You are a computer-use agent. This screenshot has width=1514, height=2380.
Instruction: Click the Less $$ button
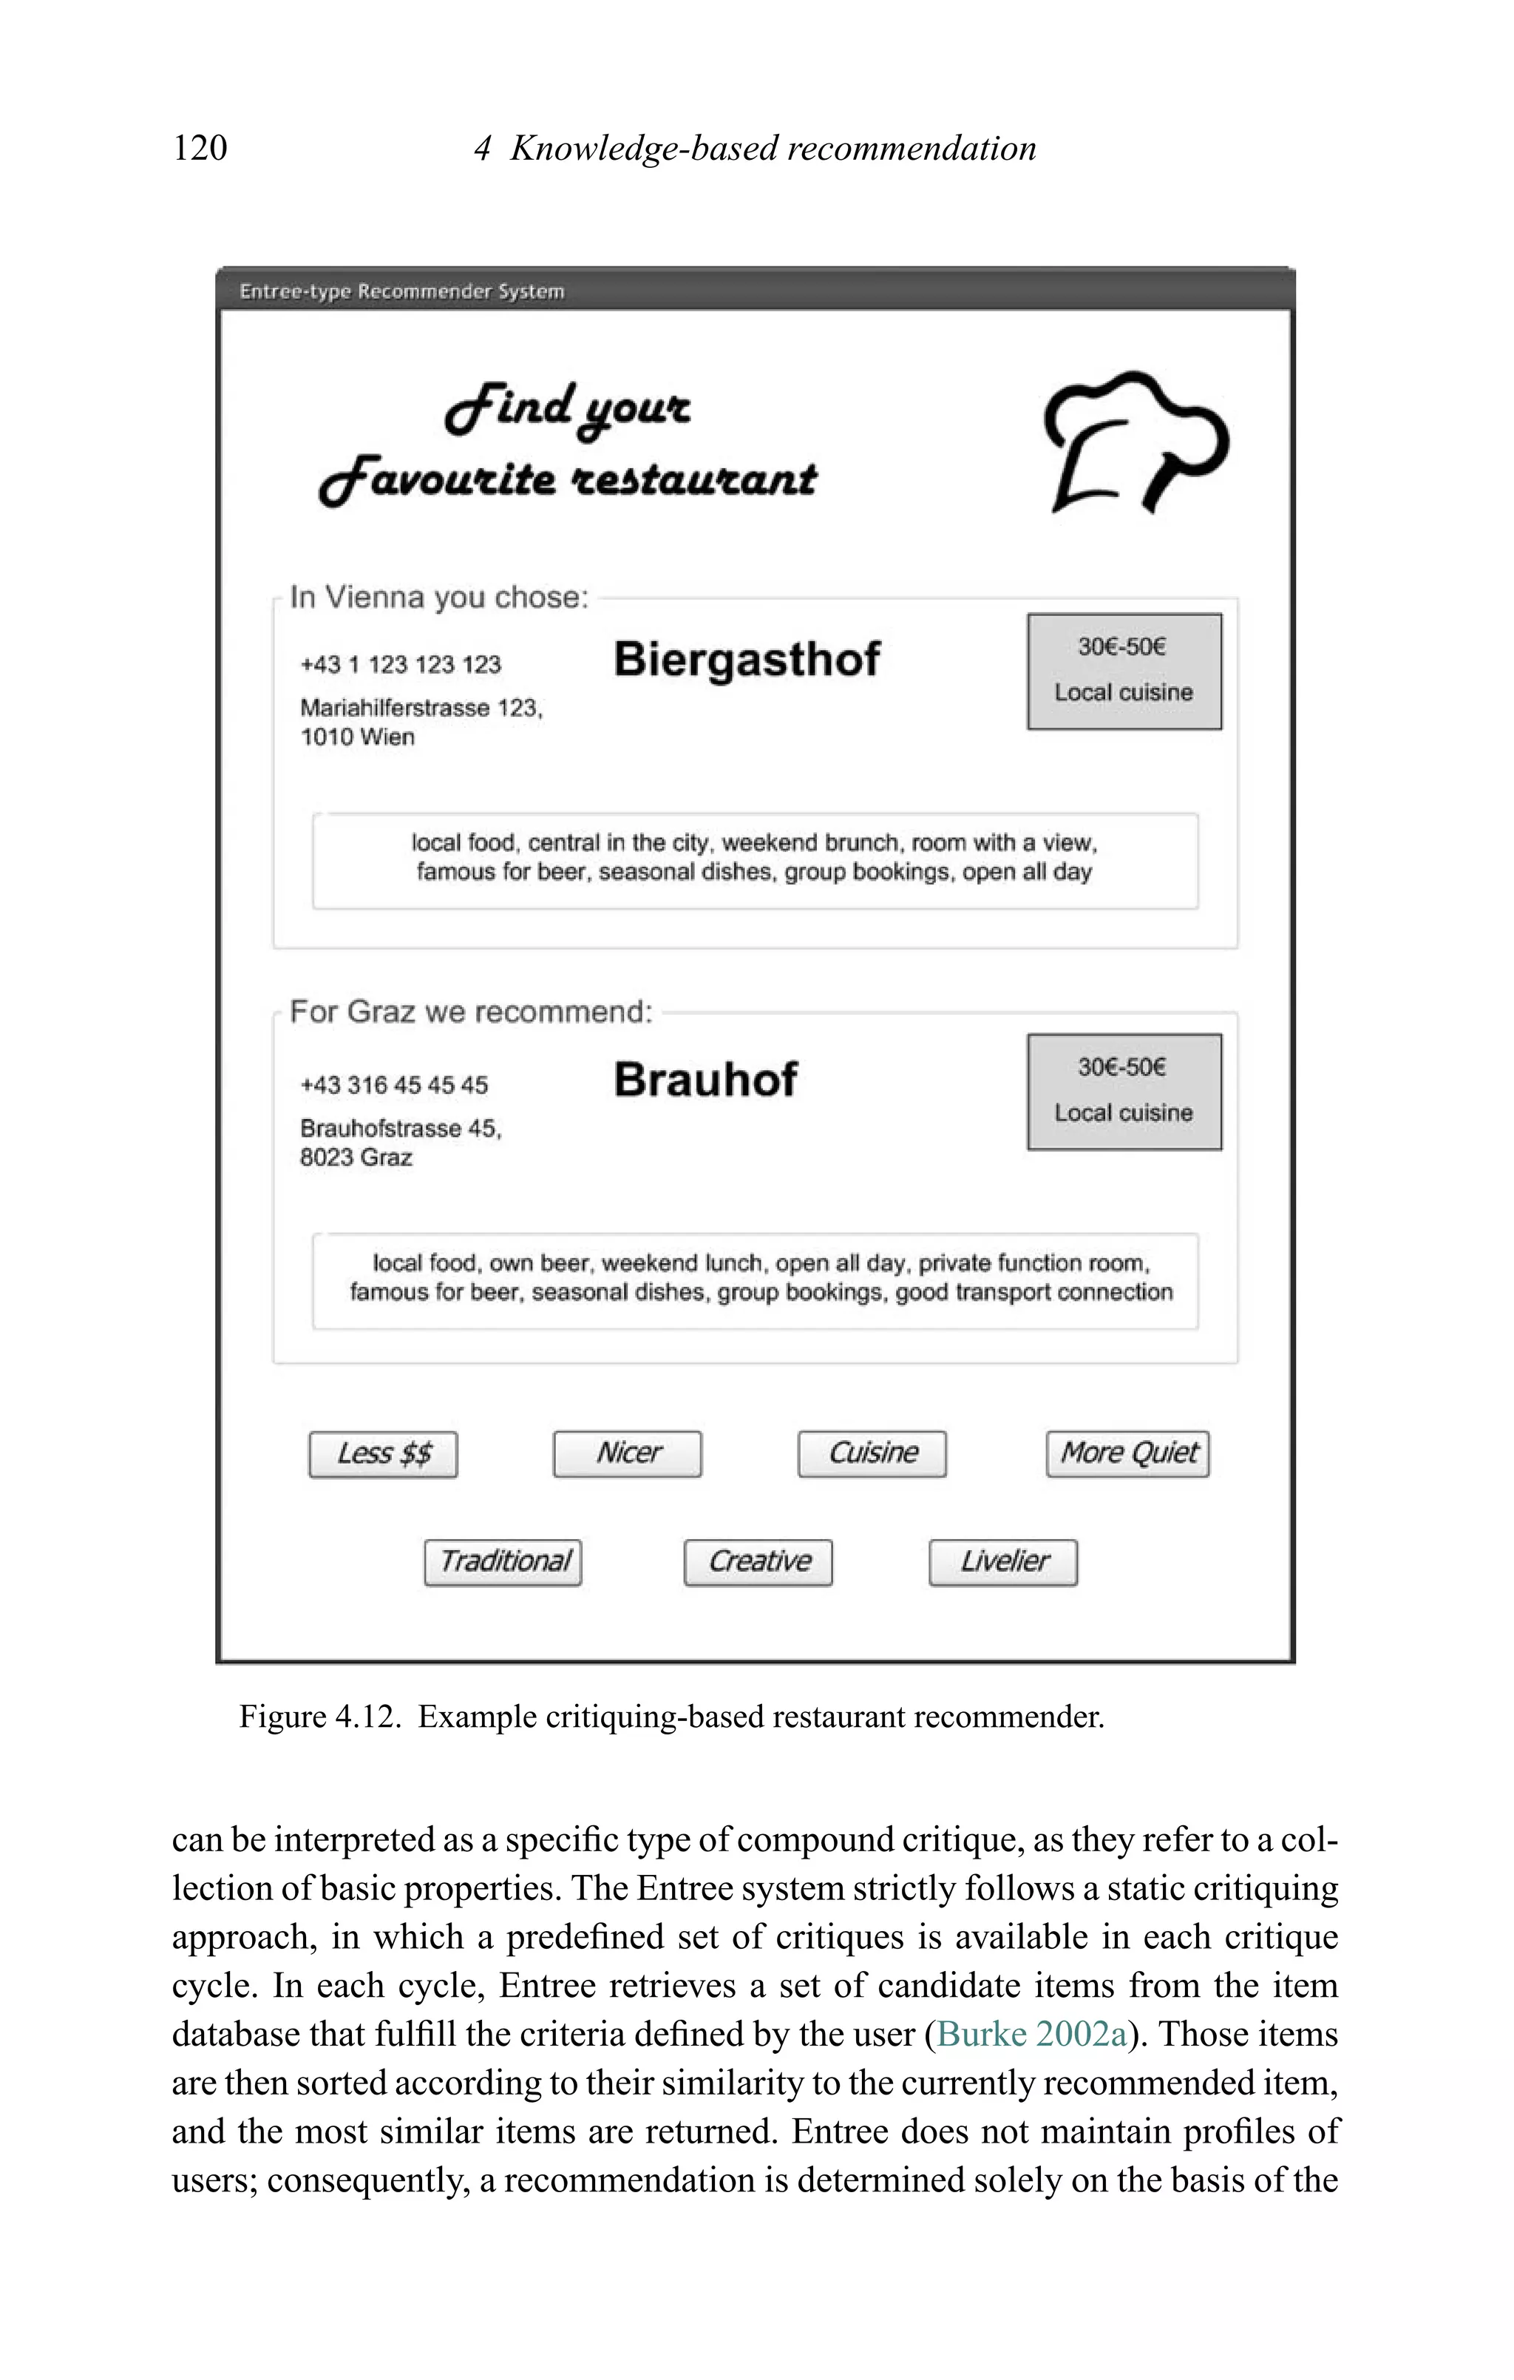coord(384,1454)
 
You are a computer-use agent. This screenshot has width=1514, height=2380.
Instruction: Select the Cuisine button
coord(872,1454)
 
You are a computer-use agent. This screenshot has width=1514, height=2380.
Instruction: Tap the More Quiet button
coord(1127,1454)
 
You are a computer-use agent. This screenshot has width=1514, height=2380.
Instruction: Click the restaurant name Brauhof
coord(705,1079)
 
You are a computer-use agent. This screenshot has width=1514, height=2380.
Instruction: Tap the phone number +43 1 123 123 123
coord(400,664)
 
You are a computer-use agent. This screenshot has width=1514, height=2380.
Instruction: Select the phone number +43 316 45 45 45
coord(393,1085)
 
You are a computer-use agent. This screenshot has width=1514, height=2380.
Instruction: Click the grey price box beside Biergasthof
coord(1124,671)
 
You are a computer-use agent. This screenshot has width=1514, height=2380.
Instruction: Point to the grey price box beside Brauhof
coord(1124,1091)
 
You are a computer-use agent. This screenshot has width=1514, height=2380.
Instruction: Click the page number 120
coord(200,148)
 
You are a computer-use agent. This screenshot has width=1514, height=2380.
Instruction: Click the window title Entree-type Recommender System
coord(401,291)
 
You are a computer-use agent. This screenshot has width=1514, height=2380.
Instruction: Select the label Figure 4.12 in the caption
coord(318,1717)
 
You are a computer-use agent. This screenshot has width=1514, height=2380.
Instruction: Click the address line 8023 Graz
coord(356,1157)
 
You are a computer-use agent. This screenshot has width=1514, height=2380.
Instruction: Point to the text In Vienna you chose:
coord(439,597)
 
